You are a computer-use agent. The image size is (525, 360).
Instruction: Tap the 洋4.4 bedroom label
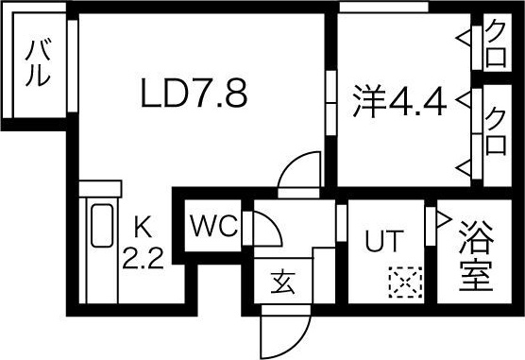(x=399, y=99)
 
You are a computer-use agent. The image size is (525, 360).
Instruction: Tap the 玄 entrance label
(x=282, y=281)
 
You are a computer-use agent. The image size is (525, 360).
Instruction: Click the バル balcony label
(x=37, y=63)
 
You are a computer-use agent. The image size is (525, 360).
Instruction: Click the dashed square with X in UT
(x=403, y=282)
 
